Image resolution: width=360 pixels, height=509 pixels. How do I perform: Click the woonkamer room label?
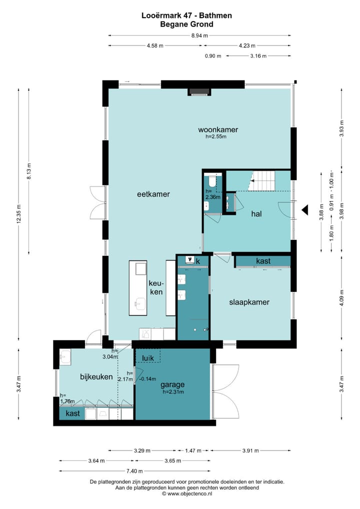coord(218,129)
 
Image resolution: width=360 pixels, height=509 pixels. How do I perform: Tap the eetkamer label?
coord(153,194)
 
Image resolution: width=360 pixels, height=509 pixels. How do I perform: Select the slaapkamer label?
coord(249,302)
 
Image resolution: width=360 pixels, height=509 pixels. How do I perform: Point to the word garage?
coord(172,384)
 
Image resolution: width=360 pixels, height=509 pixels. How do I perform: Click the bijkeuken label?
coord(96,376)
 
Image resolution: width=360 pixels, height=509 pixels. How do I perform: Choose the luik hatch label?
coord(147,358)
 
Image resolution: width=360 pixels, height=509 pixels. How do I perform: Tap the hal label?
coord(256,214)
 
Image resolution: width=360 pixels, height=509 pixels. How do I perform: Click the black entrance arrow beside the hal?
coord(305,210)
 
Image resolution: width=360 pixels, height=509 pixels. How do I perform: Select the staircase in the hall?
coord(262,181)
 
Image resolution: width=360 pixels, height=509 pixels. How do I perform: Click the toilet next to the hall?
coord(211,180)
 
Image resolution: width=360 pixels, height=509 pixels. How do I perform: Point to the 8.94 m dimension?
coord(199,35)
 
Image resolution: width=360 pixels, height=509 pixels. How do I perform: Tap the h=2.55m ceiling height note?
coord(216,136)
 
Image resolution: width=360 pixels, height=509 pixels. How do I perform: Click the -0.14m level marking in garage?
coord(147,379)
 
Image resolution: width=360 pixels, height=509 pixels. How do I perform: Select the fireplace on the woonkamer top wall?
coord(199,92)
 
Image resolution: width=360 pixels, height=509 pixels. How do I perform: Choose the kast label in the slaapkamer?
coord(263,261)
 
